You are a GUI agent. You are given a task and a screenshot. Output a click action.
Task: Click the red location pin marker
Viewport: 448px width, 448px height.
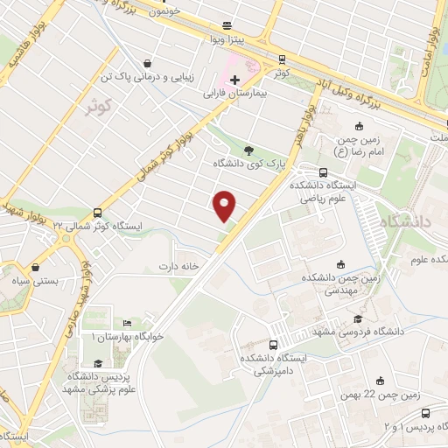click(226, 206)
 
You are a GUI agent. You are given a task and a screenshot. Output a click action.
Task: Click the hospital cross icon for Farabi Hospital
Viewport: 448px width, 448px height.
click(235, 80)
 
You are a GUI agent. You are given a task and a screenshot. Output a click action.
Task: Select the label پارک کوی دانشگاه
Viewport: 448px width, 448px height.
click(249, 164)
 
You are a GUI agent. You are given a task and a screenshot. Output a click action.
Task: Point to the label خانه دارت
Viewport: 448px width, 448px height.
click(179, 265)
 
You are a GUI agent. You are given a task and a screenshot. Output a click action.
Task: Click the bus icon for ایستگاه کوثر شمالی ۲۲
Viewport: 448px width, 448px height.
click(96, 212)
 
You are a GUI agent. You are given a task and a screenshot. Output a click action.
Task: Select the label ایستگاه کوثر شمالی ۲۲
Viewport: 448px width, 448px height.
click(97, 225)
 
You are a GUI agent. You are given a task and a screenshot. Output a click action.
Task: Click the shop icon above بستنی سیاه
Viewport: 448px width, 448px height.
click(36, 268)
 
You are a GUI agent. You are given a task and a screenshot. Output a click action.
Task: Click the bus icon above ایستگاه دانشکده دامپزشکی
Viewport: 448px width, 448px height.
click(274, 345)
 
